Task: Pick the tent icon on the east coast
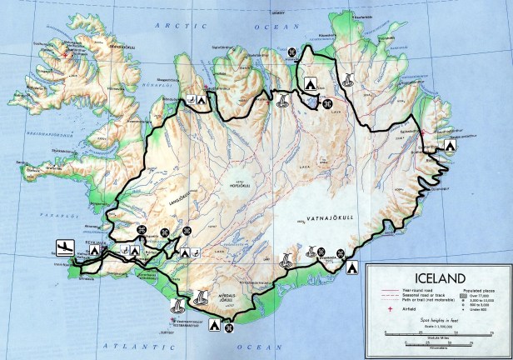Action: coord(453,144)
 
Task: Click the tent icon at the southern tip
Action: coord(214,325)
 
